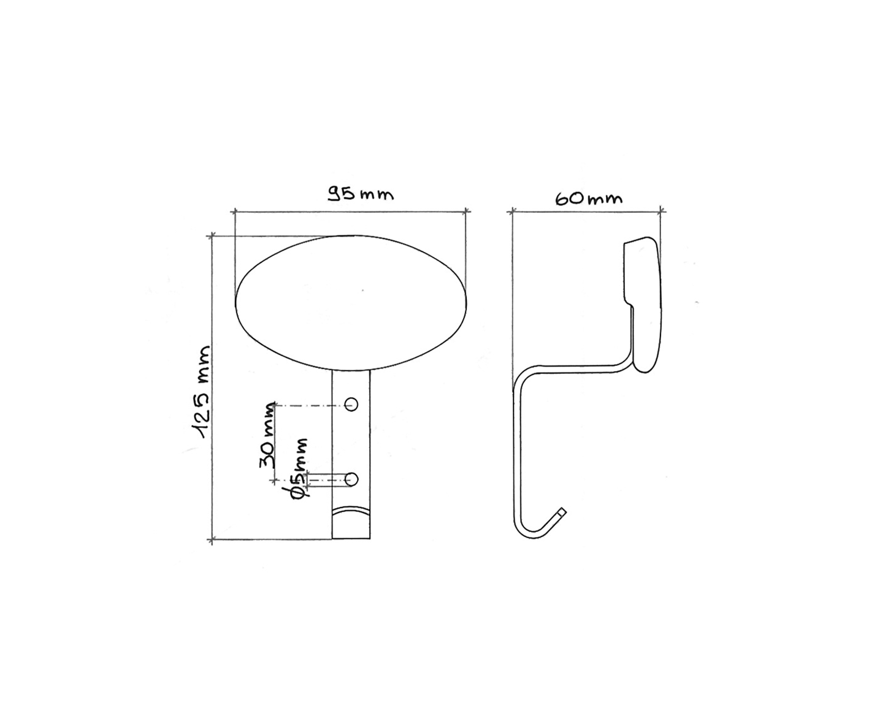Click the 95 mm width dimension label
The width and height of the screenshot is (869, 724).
pyautogui.click(x=360, y=194)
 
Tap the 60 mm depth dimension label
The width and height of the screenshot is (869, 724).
pyautogui.click(x=589, y=199)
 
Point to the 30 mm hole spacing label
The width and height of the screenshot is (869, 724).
pyautogui.click(x=267, y=435)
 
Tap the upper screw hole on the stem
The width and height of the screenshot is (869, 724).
pyautogui.click(x=351, y=404)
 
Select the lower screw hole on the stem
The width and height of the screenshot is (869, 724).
pyautogui.click(x=351, y=479)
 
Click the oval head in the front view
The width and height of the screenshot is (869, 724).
pyautogui.click(x=351, y=302)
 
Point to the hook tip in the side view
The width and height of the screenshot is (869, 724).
pyautogui.click(x=563, y=511)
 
